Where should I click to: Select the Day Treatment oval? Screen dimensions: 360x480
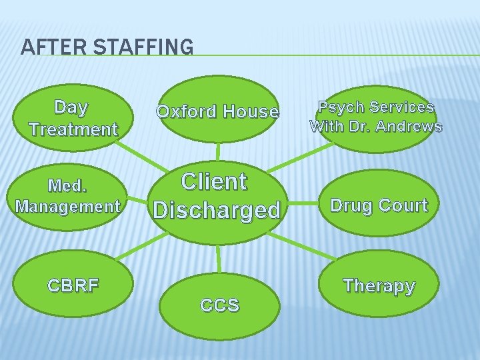coord(73,117)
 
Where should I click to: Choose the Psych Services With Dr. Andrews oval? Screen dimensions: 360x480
coord(375,117)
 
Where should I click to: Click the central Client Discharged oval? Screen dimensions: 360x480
coord(217,196)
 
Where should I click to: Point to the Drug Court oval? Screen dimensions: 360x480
coord(379,205)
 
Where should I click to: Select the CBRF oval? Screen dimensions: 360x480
coord(73,286)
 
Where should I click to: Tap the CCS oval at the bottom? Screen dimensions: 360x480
coord(219,305)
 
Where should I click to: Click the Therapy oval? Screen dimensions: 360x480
coord(379,286)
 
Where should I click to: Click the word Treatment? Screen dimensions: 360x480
coord(73,128)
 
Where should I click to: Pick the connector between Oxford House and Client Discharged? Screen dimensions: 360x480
coord(217,151)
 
